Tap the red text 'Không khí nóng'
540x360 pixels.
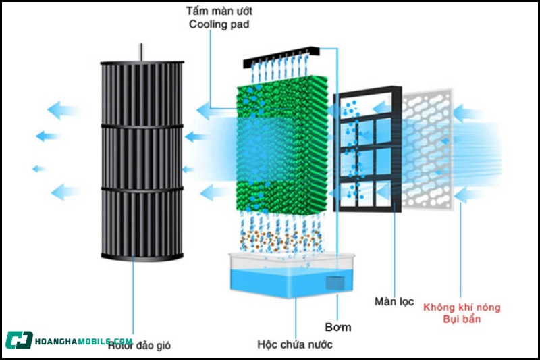click(x=462, y=307)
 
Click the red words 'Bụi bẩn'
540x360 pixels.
click(x=462, y=319)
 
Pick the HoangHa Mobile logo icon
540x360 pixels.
click(x=19, y=340)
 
